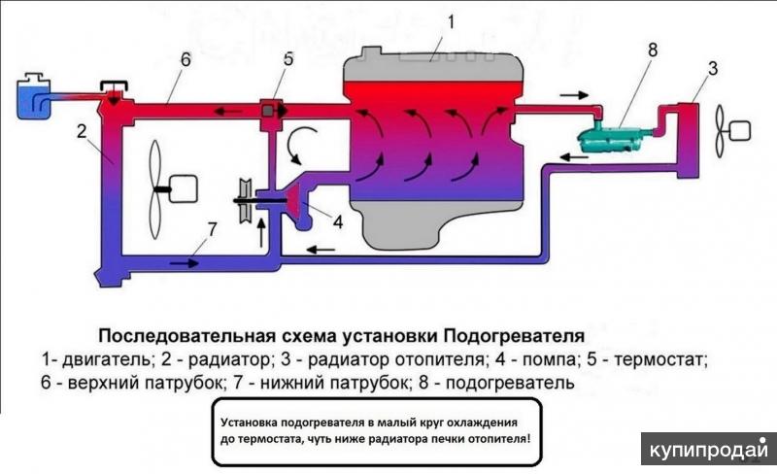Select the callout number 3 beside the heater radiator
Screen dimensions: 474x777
(x=713, y=68)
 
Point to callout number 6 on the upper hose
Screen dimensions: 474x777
(x=185, y=59)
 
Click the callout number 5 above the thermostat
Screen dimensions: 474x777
(x=288, y=59)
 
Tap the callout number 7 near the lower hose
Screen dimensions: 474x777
(x=210, y=230)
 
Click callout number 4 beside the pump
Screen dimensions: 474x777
(x=337, y=221)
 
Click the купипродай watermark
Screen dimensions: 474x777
(x=708, y=452)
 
